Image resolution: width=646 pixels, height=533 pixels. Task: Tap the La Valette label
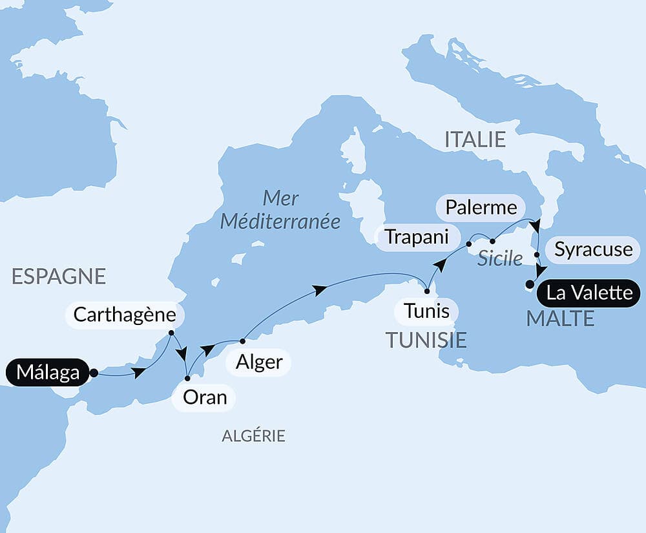pyautogui.click(x=589, y=293)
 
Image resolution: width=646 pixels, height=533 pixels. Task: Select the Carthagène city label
pyautogui.click(x=125, y=315)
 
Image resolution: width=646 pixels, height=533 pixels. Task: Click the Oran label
pyautogui.click(x=204, y=397)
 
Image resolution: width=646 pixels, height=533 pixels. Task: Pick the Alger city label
pyautogui.click(x=258, y=362)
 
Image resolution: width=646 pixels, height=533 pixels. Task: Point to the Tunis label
pyautogui.click(x=426, y=311)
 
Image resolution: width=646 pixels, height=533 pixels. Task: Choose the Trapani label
pyautogui.click(x=417, y=236)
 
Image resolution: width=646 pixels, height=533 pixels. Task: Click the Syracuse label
pyautogui.click(x=593, y=249)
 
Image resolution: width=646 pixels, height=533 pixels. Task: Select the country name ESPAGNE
pyautogui.click(x=59, y=276)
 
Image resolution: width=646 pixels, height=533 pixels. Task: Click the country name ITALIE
pyautogui.click(x=475, y=139)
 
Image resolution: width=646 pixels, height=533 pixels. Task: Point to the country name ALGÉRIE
pyautogui.click(x=253, y=436)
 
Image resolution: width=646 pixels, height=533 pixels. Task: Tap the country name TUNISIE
pyautogui.click(x=426, y=340)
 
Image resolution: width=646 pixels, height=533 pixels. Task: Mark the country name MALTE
pyautogui.click(x=560, y=319)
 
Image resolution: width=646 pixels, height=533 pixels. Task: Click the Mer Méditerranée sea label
pyautogui.click(x=280, y=209)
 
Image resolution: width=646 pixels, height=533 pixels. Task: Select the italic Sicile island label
pyautogui.click(x=500, y=259)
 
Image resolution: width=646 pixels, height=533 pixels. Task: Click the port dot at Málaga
pyautogui.click(x=94, y=373)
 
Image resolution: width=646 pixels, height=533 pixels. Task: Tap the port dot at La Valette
pyautogui.click(x=530, y=284)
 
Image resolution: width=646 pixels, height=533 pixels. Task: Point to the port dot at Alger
pyautogui.click(x=242, y=340)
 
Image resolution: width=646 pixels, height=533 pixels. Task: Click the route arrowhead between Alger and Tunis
pyautogui.click(x=319, y=290)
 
